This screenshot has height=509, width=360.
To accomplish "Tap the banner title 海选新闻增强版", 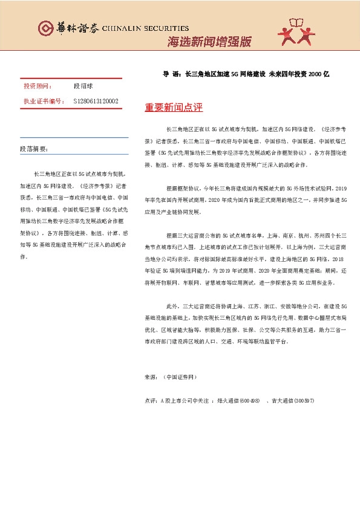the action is point(208,42).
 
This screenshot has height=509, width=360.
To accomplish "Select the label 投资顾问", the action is point(37,87).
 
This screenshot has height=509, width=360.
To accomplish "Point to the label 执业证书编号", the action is point(43,102).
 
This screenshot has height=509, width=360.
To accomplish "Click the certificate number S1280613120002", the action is point(96,102).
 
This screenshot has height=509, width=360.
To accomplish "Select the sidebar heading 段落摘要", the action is point(34,148).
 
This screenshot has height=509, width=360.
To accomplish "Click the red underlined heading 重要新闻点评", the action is point(173,108).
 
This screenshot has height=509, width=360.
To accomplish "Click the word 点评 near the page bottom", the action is point(151,401).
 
